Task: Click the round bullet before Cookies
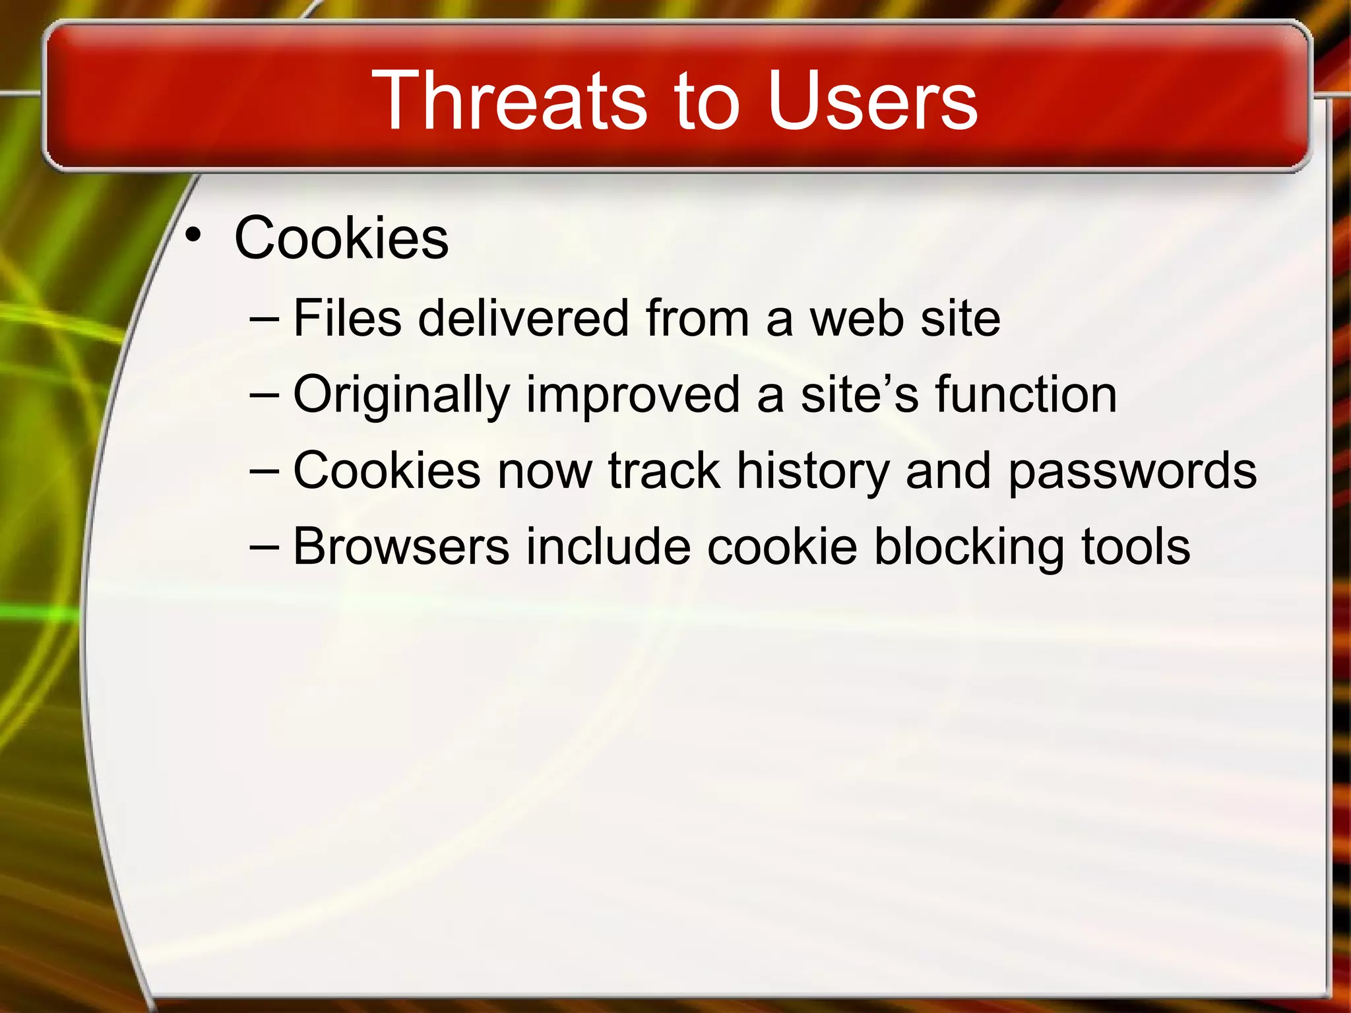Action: tap(192, 235)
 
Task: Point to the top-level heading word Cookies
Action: tap(341, 238)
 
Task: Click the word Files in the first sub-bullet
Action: tap(347, 318)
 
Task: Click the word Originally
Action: tap(401, 395)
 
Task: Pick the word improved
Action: tap(633, 395)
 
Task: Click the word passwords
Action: tap(1132, 472)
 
